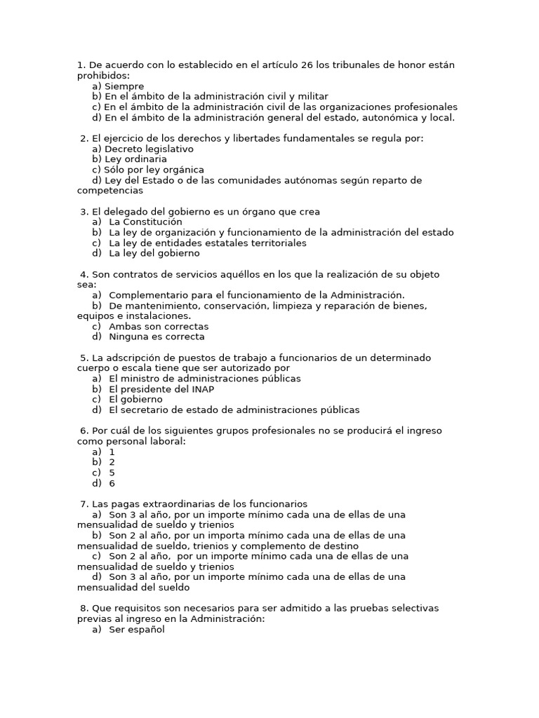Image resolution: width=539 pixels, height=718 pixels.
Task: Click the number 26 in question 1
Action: [307, 65]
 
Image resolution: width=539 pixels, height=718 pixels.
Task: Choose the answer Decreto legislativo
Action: [149, 149]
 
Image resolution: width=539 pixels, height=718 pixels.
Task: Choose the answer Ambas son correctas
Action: [159, 326]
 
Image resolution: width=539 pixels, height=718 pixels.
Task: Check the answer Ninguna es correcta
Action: [157, 337]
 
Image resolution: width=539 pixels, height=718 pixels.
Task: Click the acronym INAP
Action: [200, 388]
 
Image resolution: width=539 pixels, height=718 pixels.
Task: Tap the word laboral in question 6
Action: [165, 441]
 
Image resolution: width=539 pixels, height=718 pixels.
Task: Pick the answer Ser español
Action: [136, 630]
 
